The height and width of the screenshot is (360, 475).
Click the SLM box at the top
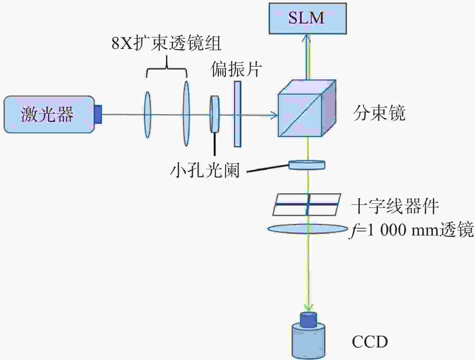(x=308, y=18)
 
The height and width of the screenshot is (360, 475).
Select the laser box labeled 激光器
(x=49, y=114)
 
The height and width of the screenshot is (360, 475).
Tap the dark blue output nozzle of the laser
(x=98, y=115)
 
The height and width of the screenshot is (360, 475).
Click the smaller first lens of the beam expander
(x=147, y=115)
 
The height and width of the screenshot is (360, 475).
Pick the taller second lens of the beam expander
(x=186, y=114)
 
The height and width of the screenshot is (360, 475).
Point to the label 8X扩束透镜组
(x=166, y=43)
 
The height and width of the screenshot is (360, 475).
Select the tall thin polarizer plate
(x=237, y=114)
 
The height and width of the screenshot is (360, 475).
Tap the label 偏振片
(x=236, y=69)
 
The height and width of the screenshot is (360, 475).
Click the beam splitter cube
(x=307, y=108)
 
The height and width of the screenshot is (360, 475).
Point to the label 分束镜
(x=379, y=113)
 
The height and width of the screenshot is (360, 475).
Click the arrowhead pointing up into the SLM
(x=307, y=39)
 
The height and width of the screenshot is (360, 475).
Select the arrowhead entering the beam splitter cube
(x=275, y=115)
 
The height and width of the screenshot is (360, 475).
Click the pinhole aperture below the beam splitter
(x=307, y=165)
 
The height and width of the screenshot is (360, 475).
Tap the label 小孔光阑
(x=205, y=170)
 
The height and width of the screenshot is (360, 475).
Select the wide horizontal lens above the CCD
(x=308, y=229)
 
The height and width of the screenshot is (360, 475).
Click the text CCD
(x=370, y=342)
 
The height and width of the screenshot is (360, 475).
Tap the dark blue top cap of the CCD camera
(x=309, y=320)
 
